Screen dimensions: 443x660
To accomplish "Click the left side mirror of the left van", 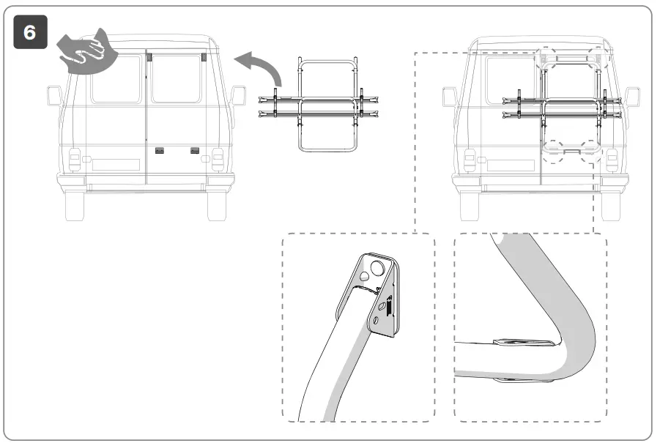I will point(53,96).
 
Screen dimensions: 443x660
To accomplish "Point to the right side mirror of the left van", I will point(238,96).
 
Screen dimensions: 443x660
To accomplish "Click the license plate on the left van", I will point(115,164).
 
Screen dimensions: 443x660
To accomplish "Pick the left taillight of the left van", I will point(75,160).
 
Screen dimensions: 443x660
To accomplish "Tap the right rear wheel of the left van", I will point(217,206).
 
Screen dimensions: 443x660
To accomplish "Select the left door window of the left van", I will point(116,78).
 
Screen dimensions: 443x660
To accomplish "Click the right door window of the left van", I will point(176,78).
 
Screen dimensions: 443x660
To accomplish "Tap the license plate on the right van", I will point(510,165).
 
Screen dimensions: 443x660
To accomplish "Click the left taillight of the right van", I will point(470,160).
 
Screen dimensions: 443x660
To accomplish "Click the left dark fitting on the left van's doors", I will point(159,150).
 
